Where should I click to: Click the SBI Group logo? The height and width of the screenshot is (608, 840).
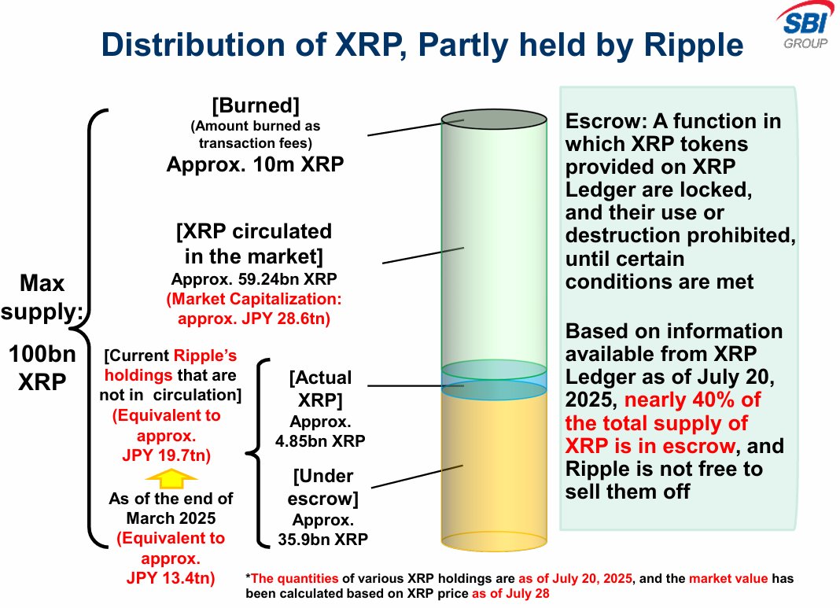click(805, 26)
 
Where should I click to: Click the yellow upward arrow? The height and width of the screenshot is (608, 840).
click(171, 478)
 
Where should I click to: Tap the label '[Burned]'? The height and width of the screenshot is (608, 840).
click(256, 105)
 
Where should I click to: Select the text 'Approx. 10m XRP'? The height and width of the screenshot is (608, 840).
click(255, 164)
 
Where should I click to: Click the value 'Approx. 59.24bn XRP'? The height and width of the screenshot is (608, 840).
click(254, 279)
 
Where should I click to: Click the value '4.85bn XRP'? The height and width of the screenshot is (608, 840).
click(320, 441)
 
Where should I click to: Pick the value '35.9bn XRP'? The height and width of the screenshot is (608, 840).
click(322, 539)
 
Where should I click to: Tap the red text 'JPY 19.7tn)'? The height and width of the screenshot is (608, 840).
click(166, 455)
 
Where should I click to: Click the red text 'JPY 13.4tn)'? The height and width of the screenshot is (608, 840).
click(171, 578)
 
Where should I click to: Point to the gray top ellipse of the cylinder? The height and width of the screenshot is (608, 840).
click(494, 120)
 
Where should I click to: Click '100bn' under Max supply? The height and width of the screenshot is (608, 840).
click(42, 354)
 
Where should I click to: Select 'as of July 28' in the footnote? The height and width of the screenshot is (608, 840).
click(510, 594)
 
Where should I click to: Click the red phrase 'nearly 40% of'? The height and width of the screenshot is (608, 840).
click(693, 400)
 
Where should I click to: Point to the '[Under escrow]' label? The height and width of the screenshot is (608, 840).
click(322, 487)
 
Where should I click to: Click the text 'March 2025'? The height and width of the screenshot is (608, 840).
click(171, 518)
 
